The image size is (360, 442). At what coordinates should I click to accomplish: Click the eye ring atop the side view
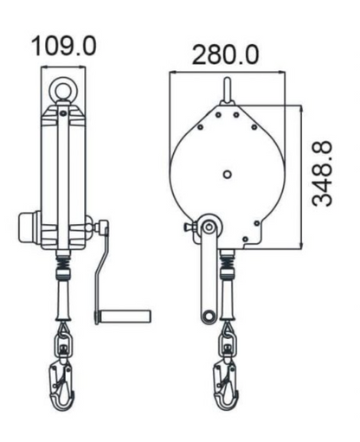coord(64,90)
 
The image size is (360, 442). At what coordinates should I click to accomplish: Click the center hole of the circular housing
coord(227,173)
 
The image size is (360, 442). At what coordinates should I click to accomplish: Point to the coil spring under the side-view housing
coord(64,257)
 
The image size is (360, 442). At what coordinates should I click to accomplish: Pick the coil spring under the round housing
coord(227,257)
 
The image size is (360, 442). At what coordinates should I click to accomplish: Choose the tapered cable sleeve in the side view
coord(64,298)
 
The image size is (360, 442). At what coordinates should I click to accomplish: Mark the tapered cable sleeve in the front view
coord(227,298)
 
